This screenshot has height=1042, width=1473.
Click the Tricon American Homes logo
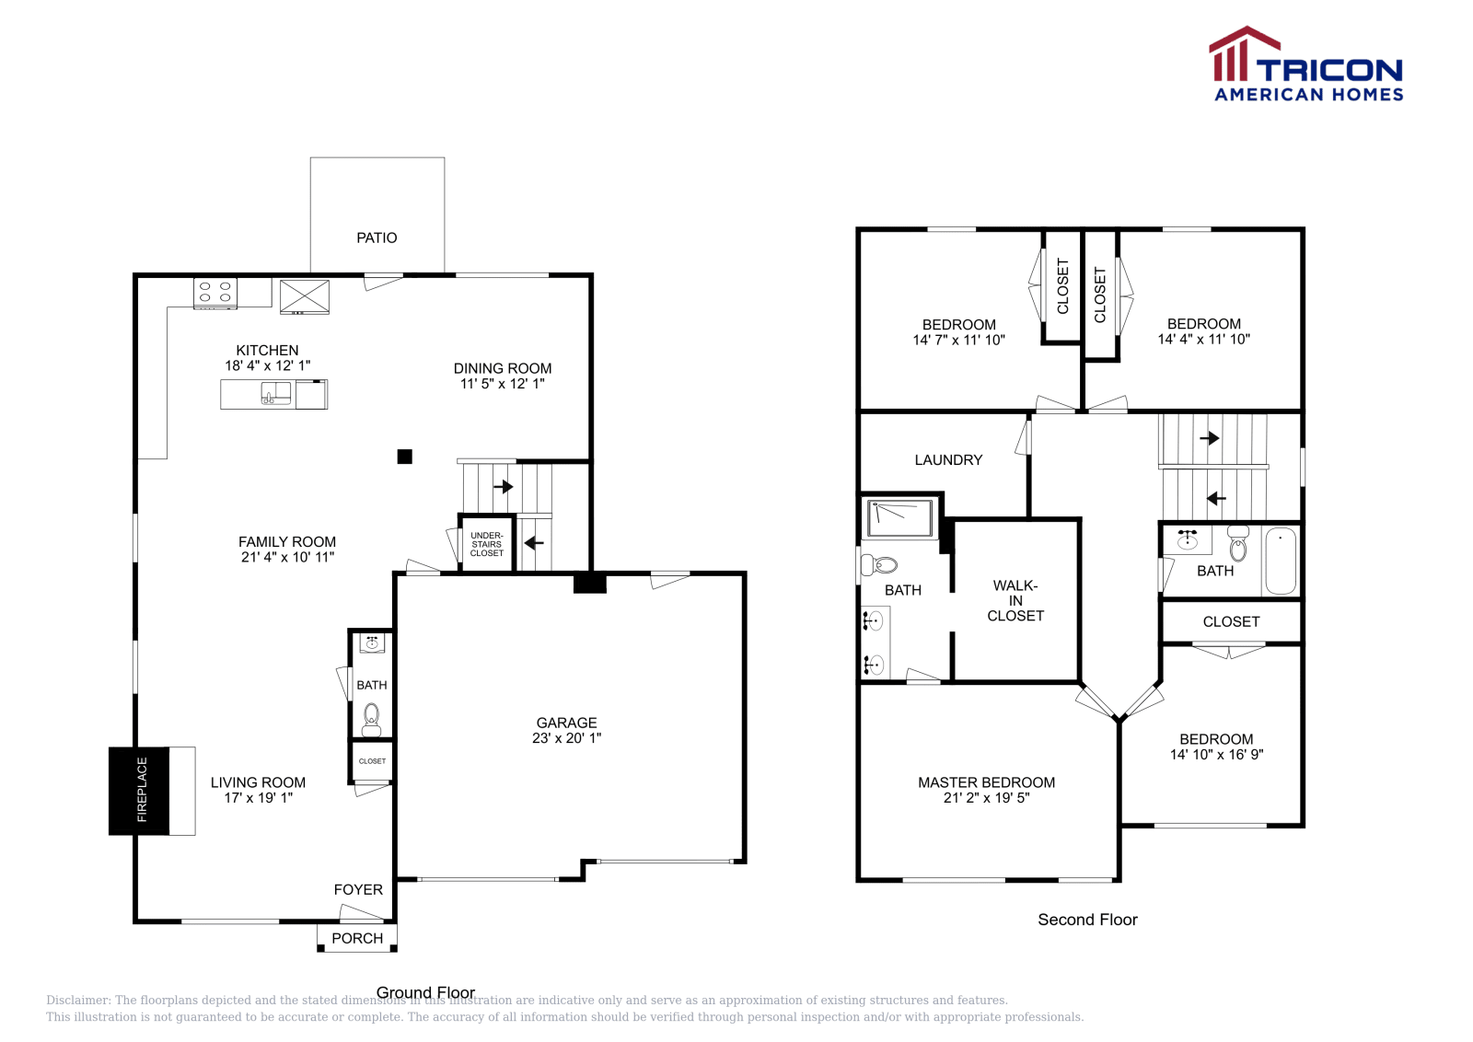[x=1305, y=65]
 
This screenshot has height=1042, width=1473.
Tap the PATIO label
[x=377, y=238]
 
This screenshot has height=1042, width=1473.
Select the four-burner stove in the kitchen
[x=215, y=293]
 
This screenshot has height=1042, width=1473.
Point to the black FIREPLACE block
[x=139, y=791]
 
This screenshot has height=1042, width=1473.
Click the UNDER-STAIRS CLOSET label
[x=487, y=544]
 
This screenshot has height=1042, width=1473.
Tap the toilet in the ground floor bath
[x=371, y=719]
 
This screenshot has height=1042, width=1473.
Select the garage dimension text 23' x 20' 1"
[x=566, y=738]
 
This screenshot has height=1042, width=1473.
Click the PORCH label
[x=357, y=938]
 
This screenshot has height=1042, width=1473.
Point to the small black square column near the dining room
[x=405, y=457]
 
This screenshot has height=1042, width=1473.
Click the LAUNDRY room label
[x=948, y=460]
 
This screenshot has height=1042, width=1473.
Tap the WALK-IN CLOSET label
[x=1015, y=600]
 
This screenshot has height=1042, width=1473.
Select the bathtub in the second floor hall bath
[x=1280, y=561]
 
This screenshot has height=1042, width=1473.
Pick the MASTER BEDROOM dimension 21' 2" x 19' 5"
[x=986, y=798]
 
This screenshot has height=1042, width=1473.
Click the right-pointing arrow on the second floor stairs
[x=1210, y=438]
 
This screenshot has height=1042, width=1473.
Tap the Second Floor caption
[x=1087, y=920]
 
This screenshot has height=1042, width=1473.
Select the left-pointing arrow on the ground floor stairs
[x=534, y=543]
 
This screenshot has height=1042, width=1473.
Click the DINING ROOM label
[x=503, y=368]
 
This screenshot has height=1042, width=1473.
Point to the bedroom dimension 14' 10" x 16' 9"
[x=1216, y=755]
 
